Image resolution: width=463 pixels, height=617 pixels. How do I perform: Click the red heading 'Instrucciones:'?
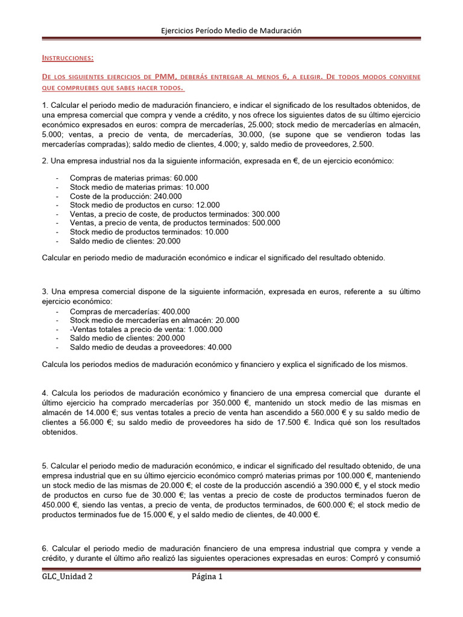(68, 58)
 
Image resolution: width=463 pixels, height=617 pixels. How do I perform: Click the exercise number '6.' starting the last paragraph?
(45, 548)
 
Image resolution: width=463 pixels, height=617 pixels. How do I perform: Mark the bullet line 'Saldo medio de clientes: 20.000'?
(125, 241)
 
